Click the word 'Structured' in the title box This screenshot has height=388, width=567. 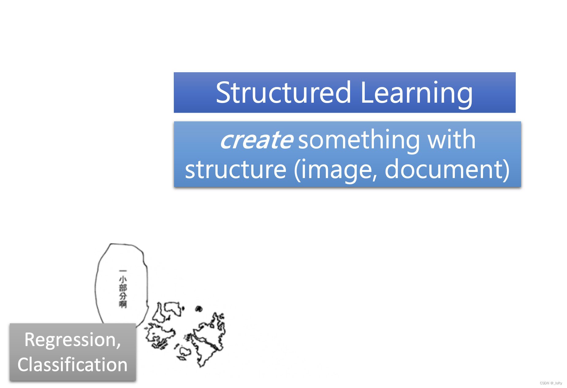click(283, 93)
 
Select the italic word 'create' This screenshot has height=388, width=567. click(257, 140)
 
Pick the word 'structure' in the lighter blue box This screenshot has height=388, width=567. click(235, 169)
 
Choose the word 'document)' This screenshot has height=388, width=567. click(447, 169)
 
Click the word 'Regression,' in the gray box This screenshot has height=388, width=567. click(73, 340)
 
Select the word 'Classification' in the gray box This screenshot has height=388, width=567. click(73, 365)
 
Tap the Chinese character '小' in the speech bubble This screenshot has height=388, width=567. click(123, 279)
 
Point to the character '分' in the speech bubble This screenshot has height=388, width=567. click(123, 296)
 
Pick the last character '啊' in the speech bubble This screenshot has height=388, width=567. click(123, 304)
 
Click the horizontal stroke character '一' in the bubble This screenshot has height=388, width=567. click(123, 271)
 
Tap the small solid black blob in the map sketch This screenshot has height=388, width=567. click(199, 308)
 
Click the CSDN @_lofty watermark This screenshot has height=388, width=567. click(551, 383)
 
